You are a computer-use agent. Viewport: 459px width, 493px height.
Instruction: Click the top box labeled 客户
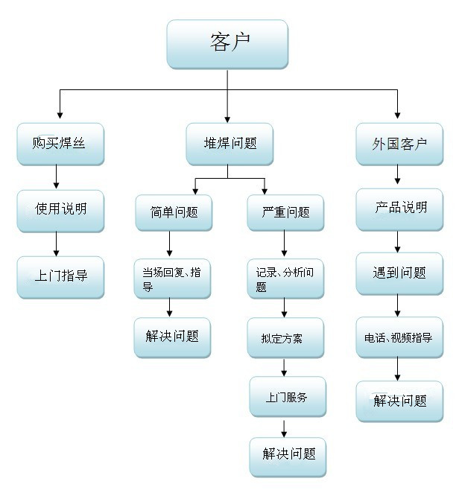point(227,44)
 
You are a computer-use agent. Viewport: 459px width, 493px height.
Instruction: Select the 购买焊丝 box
point(60,144)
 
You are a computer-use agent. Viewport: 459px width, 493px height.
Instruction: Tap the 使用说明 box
point(60,211)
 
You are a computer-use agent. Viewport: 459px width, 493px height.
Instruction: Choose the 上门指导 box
point(60,277)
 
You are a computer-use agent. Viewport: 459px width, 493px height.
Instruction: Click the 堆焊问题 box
point(229,144)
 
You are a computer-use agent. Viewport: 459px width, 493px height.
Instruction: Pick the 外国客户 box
point(399,144)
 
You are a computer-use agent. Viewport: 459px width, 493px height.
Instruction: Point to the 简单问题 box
point(174,213)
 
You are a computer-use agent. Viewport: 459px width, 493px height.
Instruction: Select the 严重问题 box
point(285,213)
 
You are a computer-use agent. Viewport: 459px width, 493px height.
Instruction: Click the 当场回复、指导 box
point(172,279)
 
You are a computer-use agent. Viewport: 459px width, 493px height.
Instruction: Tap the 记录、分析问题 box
point(285,279)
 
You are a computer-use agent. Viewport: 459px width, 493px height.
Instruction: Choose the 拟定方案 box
point(285,337)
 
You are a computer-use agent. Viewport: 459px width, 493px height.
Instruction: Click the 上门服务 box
point(288,397)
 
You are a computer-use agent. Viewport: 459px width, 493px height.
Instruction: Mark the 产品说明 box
point(399,210)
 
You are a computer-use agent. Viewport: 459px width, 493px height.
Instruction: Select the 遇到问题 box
point(399,273)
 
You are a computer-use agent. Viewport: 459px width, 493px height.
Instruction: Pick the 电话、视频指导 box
point(399,337)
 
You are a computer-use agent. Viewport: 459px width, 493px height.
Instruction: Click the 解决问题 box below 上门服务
point(288,457)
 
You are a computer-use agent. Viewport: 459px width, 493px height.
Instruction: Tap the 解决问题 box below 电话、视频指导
point(399,401)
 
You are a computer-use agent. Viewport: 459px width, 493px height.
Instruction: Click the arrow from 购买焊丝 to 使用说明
point(57,176)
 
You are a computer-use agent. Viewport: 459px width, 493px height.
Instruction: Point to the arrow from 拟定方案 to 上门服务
point(284,368)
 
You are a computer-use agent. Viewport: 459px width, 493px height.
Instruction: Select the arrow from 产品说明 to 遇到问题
point(397,242)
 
